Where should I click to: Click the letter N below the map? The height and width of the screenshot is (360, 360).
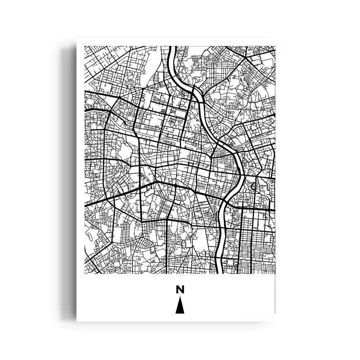click(180, 289)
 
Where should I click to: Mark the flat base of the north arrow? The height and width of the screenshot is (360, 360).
click(180, 313)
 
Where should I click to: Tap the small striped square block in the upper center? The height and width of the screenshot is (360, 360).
click(164, 112)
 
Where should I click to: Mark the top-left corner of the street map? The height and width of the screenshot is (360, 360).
click(85, 46)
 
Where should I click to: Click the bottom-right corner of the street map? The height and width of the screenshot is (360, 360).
click(275, 274)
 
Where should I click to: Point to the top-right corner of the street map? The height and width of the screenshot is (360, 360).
click(275, 46)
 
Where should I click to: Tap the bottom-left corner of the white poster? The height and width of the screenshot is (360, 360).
click(77, 321)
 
